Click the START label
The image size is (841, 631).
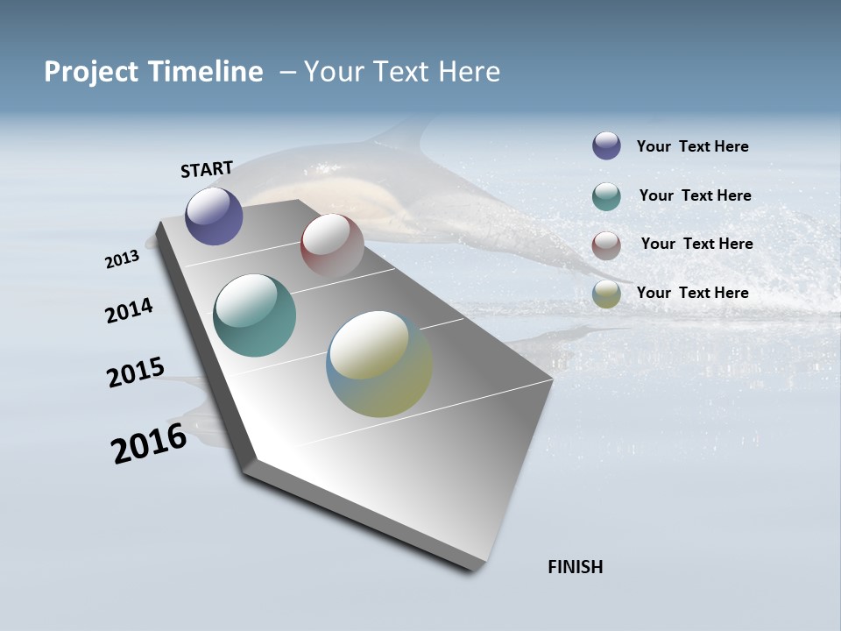pyautogui.click(x=207, y=169)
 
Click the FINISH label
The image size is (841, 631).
pyautogui.click(x=575, y=567)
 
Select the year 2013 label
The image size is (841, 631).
pyautogui.click(x=122, y=259)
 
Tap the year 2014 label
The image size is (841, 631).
pyautogui.click(x=129, y=310)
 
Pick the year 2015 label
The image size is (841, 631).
pyautogui.click(x=136, y=372)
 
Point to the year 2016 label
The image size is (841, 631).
pyautogui.click(x=149, y=443)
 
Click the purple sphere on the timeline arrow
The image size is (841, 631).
pyautogui.click(x=214, y=216)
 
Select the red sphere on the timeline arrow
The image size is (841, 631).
pyautogui.click(x=332, y=245)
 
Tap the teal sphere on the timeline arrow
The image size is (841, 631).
pyautogui.click(x=254, y=315)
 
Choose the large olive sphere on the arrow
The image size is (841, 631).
pyautogui.click(x=378, y=364)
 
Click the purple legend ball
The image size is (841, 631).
pyautogui.click(x=606, y=146)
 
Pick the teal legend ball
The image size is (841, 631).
pyautogui.click(x=606, y=196)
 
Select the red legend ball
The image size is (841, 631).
pyautogui.click(x=606, y=245)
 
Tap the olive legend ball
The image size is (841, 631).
pyautogui.click(x=606, y=294)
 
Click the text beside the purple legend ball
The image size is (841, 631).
pyautogui.click(x=692, y=146)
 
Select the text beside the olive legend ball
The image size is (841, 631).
pyautogui.click(x=692, y=293)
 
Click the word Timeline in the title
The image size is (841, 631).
pyautogui.click(x=206, y=71)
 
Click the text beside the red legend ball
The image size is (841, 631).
pyautogui.click(x=696, y=244)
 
